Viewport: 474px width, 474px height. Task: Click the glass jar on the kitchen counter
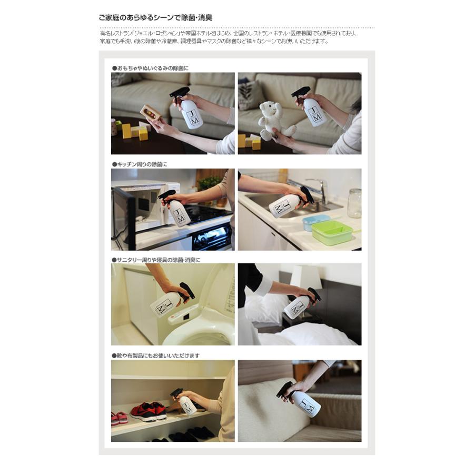pos(354,203)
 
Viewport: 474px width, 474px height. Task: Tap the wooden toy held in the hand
pos(151,113)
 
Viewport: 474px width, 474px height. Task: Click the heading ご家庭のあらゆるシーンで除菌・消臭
pos(155,18)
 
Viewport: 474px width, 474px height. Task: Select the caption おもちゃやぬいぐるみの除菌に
pos(150,68)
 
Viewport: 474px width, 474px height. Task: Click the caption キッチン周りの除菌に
pos(139,164)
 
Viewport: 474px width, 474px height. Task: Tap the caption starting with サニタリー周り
pos(156,260)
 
